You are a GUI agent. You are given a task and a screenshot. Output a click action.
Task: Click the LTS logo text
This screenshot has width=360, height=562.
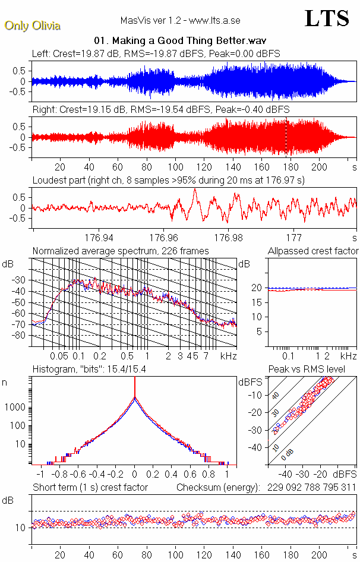coord(326,18)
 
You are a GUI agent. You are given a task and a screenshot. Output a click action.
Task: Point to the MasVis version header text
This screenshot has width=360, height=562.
coord(180,20)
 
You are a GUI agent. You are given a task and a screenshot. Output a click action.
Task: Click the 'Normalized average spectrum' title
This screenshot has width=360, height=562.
coord(121,251)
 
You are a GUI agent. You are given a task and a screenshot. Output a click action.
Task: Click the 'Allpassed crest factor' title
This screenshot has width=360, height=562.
coord(313,251)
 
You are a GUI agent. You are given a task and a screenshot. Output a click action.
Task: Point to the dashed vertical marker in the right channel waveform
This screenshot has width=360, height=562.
coord(286,137)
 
